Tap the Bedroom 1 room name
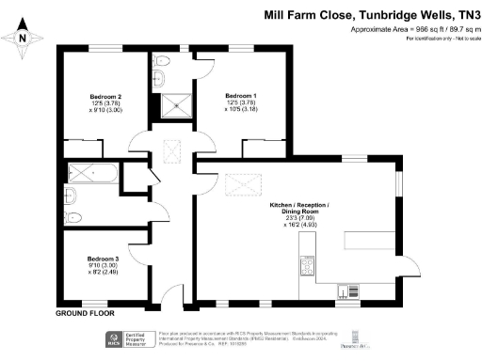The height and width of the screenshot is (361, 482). point(240,97)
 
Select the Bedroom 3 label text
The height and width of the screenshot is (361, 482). point(103,259)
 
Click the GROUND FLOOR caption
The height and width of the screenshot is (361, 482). point(86,312)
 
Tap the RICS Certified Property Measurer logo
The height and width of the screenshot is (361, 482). point(119,338)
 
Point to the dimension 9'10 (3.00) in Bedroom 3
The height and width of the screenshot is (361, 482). point(103,267)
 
